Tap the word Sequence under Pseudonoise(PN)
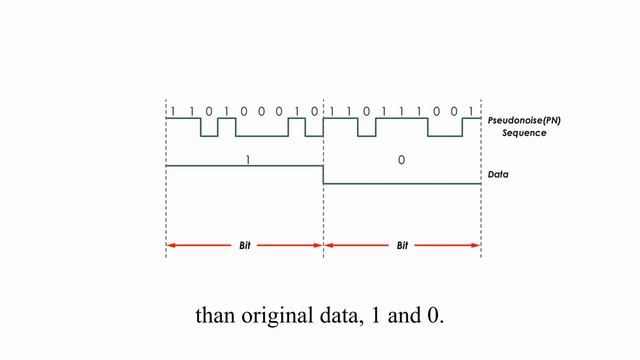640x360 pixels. tap(524, 132)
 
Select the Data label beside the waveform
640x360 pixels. tap(498, 174)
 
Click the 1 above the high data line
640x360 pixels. tap(247, 158)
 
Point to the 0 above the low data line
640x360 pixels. tap(402, 159)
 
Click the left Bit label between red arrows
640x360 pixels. tap(245, 245)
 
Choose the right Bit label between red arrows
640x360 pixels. tap(403, 245)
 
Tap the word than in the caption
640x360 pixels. tap(216, 316)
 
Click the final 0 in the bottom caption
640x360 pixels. tap(433, 316)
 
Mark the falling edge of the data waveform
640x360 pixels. tap(323, 174)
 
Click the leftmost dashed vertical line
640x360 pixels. tap(166, 200)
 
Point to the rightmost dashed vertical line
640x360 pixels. tap(481, 200)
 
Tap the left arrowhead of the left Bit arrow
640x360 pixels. tap(171, 245)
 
